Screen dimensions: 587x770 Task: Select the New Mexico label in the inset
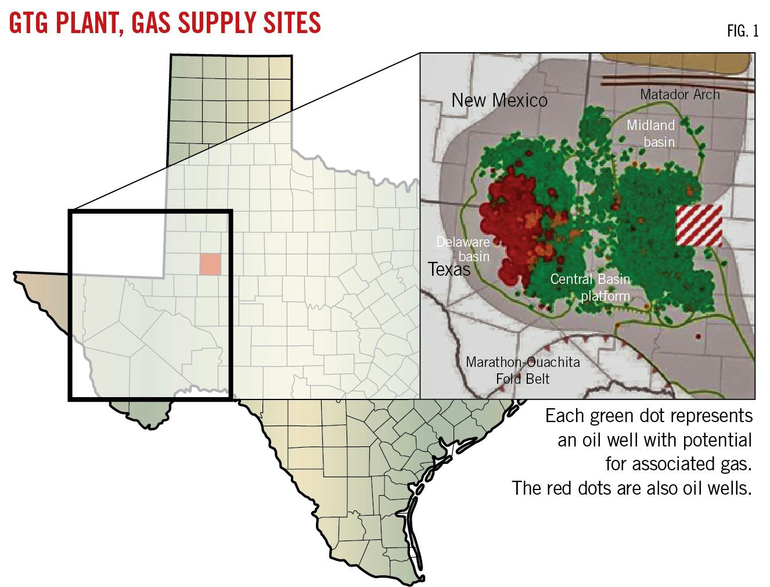(x=499, y=100)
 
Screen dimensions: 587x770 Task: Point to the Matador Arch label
(x=679, y=94)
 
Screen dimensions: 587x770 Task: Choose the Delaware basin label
(x=463, y=249)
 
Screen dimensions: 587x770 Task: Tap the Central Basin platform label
(x=590, y=287)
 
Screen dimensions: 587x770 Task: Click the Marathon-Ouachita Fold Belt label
(x=522, y=370)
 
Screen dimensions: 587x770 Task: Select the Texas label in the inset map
(x=449, y=269)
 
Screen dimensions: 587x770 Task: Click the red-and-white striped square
(x=699, y=226)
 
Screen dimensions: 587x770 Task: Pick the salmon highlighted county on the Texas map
(x=210, y=264)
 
